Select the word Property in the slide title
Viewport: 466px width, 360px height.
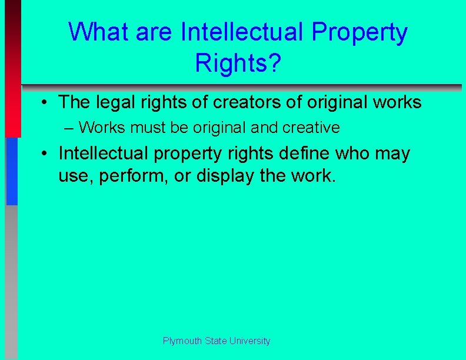[359, 33]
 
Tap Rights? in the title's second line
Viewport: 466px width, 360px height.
[238, 63]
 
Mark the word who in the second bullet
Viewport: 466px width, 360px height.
[372, 154]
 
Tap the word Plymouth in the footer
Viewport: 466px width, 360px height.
[181, 341]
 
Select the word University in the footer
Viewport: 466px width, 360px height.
[250, 341]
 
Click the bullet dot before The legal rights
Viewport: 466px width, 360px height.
[45, 103]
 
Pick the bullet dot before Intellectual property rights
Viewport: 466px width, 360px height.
[45, 154]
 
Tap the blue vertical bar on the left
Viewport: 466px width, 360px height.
[12, 171]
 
